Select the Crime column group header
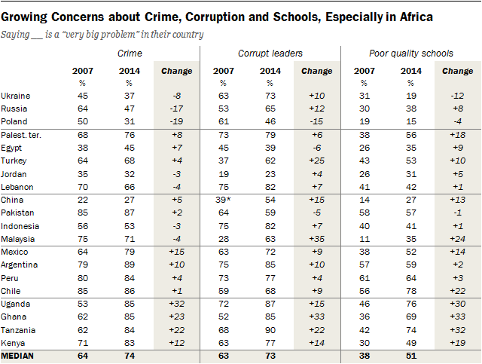point(130,54)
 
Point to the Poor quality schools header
point(410,54)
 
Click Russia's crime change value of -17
point(178,108)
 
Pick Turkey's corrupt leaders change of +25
point(317,161)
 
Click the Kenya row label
point(16,343)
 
